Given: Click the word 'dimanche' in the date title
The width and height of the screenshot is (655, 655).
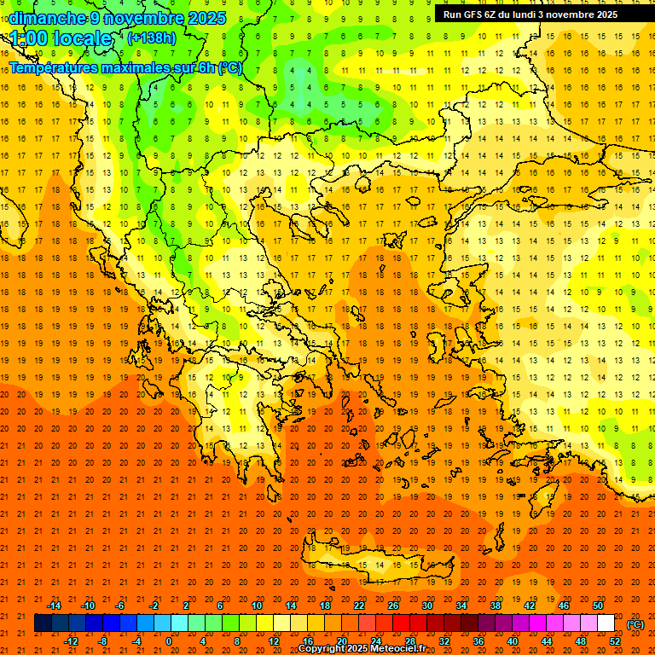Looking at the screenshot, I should [x=48, y=18].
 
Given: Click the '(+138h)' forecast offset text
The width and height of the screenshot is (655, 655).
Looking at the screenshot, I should [x=152, y=38].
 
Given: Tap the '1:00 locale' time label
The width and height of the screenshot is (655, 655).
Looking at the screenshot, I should [x=61, y=38].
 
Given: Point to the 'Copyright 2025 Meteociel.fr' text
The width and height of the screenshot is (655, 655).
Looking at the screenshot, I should [x=362, y=649].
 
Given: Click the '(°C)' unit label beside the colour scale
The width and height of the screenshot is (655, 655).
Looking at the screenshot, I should [x=635, y=624].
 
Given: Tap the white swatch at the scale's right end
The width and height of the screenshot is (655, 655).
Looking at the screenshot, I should [x=606, y=623].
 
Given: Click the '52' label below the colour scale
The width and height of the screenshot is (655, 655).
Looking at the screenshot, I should [x=615, y=641].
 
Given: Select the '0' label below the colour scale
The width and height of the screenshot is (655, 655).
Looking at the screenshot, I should [x=168, y=641].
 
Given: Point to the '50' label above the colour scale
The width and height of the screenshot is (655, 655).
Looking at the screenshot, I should [x=598, y=606].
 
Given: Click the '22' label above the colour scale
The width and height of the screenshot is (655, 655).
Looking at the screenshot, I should [x=359, y=606].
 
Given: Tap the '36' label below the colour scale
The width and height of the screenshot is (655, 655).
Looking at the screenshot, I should [x=478, y=641].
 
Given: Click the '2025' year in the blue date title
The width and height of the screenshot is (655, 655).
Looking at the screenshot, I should [x=207, y=18].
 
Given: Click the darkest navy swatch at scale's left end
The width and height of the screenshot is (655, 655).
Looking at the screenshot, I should [x=43, y=623].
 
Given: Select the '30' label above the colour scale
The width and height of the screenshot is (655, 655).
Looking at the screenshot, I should [x=427, y=606].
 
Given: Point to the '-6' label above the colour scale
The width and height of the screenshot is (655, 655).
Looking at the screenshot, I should [x=120, y=606].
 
